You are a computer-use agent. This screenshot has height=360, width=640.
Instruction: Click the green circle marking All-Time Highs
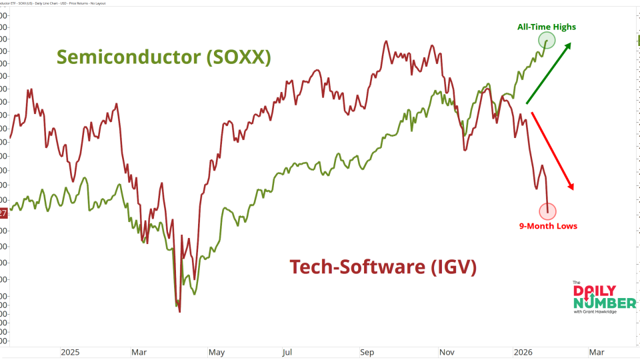coord(547,41)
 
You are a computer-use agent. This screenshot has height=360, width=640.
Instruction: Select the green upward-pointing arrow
coord(548,73)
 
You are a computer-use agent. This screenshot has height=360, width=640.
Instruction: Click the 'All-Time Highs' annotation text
coord(547,27)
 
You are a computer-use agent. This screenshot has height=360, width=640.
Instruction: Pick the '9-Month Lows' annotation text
coord(548,226)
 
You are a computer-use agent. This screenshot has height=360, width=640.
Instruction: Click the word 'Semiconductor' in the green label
coord(128,57)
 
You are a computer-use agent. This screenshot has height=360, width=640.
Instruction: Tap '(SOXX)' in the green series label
coord(239,57)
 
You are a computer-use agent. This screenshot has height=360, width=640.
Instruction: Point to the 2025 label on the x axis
coord(70,351)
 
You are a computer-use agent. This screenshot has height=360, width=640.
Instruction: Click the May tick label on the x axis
coord(216,351)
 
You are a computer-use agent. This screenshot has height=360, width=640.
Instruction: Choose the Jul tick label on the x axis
coord(287,351)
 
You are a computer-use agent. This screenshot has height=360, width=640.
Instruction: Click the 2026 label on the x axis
coord(523,351)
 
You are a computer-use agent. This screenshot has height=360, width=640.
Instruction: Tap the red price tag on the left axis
coord(3,213)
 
